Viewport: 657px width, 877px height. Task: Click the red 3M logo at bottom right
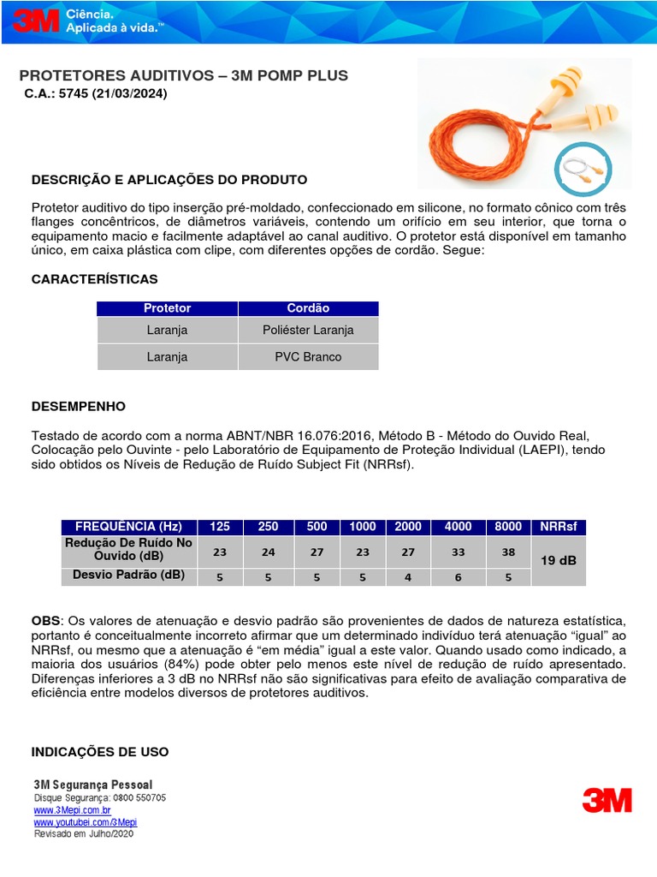(x=607, y=800)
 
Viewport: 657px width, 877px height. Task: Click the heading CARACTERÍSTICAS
(x=94, y=279)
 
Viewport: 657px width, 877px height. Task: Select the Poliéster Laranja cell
(x=308, y=330)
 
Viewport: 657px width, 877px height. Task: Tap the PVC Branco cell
(x=308, y=357)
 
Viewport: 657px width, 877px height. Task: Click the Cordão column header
(x=308, y=308)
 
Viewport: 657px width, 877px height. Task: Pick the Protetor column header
(x=167, y=308)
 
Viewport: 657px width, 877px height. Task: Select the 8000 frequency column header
(x=508, y=527)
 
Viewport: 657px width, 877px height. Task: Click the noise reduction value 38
(x=508, y=552)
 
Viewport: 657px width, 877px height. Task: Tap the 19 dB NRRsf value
(x=559, y=560)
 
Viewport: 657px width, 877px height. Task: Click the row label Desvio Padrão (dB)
(x=129, y=575)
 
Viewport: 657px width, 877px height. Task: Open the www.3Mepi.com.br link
(x=72, y=809)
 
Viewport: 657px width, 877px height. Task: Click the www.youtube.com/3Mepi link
(x=85, y=821)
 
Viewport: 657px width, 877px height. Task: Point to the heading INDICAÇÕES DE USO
(x=100, y=752)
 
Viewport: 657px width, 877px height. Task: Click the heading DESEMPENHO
(x=79, y=406)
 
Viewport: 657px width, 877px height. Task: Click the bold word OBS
(x=45, y=619)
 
